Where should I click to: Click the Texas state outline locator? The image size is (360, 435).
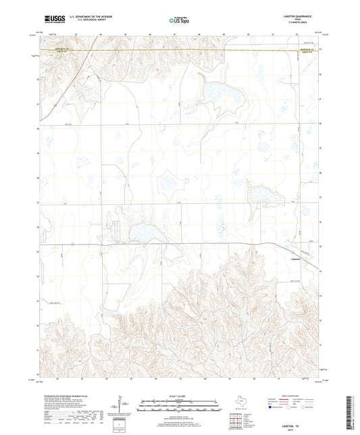coord(238,403)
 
